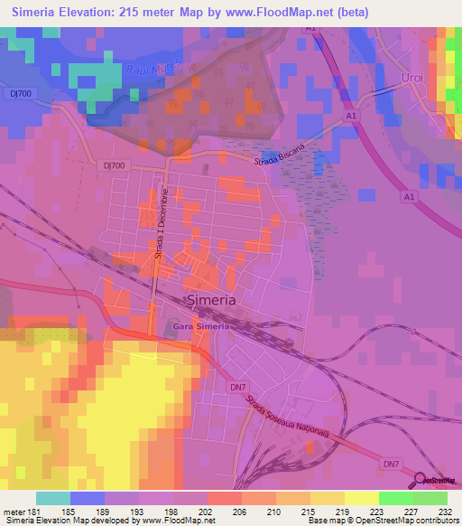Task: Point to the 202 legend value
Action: pos(215,511)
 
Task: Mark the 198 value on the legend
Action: pos(180,511)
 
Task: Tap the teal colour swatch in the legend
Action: pos(52,498)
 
